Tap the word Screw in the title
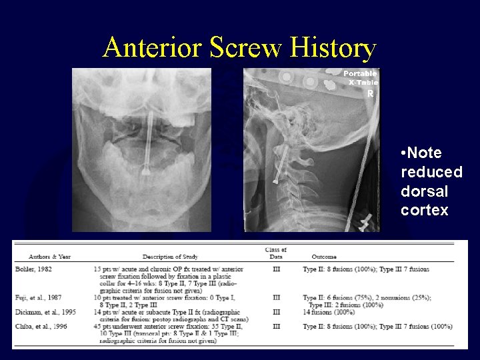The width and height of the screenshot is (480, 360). [247, 47]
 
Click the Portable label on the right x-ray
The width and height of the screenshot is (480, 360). [360, 73]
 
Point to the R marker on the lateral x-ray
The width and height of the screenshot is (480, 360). [370, 94]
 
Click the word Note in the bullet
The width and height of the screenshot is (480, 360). [425, 153]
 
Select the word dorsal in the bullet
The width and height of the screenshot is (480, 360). [420, 191]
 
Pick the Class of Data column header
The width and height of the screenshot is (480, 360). [275, 253]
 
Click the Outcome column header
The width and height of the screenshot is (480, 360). [324, 256]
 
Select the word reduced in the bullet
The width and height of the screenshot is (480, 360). [431, 172]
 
